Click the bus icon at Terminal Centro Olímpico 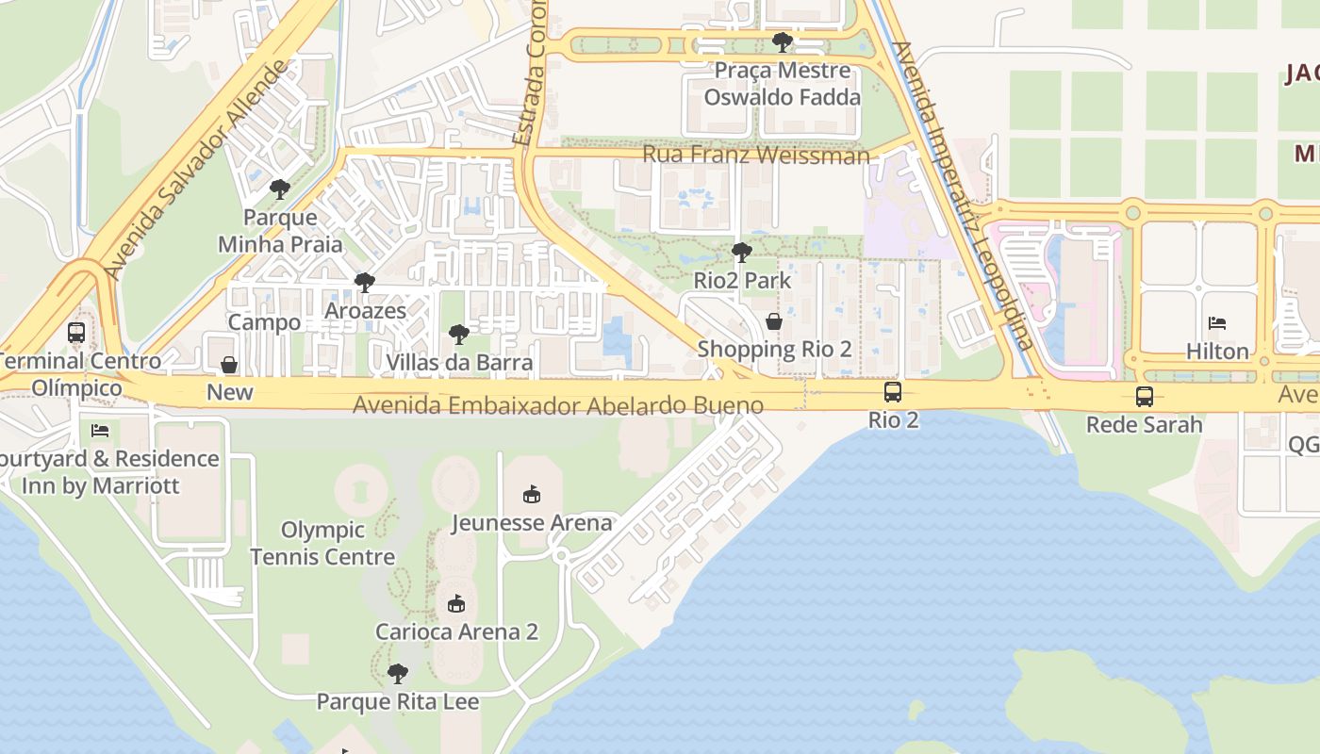(x=76, y=333)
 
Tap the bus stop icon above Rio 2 (x=892, y=392)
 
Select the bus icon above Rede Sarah (x=1144, y=397)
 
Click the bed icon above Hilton (x=1217, y=323)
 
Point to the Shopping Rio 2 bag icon (x=774, y=321)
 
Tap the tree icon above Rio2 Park (x=742, y=253)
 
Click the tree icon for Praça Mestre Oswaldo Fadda (x=782, y=42)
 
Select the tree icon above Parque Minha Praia (x=279, y=189)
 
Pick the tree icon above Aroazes (x=365, y=283)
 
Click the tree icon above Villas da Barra (x=459, y=335)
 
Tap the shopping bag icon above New (x=229, y=365)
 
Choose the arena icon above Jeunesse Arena (x=532, y=494)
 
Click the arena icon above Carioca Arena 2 (x=456, y=603)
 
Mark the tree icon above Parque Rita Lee (x=398, y=674)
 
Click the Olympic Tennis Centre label (x=323, y=544)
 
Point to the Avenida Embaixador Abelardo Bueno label (x=558, y=406)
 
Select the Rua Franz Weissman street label (x=755, y=155)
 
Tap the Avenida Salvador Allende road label (x=197, y=170)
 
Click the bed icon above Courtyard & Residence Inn (x=100, y=431)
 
